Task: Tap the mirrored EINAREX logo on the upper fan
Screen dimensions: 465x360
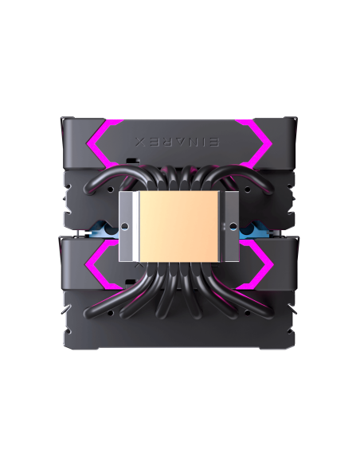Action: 180,140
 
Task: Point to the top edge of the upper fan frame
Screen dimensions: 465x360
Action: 180,119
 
